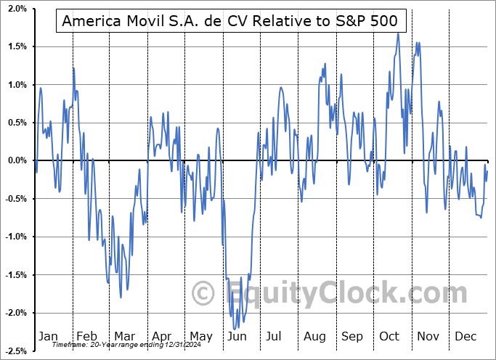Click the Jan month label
48,337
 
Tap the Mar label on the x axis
124,337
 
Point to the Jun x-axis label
237,337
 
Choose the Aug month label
314,337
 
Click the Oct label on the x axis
390,337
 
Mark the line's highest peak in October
397,33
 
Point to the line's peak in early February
73,68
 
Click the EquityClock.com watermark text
320,293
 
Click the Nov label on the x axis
428,337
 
